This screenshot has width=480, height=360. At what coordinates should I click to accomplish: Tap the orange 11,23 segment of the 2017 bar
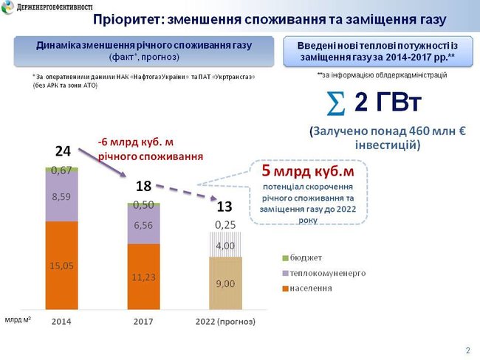point(144,277)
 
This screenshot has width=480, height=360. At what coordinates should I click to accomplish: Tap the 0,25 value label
point(225,224)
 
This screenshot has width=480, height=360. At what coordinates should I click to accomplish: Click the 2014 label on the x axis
point(61,322)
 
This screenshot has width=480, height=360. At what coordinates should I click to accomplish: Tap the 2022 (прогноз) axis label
point(225,322)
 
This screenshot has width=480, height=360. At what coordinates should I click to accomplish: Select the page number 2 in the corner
point(467,350)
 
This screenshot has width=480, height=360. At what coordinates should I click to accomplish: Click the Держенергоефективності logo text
point(50,7)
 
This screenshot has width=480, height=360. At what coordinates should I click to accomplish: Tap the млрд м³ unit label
point(18,321)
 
